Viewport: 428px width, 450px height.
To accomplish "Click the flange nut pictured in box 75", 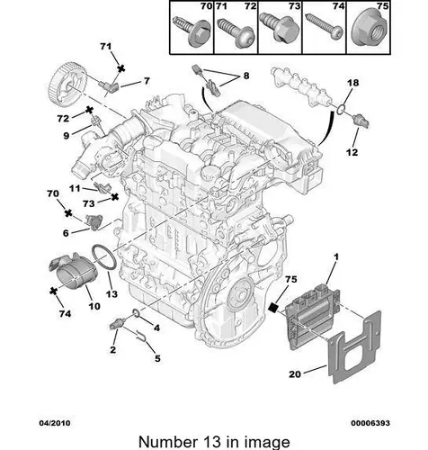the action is tap(370, 31).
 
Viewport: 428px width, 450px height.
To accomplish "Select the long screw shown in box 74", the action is tap(325, 28).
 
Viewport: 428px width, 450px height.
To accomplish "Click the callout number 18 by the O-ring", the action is tap(352, 82).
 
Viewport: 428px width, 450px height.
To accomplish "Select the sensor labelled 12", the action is tap(361, 121).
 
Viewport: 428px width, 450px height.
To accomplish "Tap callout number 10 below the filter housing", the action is tap(94, 306).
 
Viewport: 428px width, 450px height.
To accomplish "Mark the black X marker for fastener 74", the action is tap(53, 291).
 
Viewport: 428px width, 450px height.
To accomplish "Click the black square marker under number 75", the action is tap(273, 307).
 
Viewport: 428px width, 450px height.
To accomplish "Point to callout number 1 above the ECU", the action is tap(336, 256).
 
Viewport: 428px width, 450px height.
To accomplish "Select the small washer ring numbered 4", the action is tap(136, 313).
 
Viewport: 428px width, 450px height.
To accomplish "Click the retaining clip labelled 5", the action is tap(141, 337).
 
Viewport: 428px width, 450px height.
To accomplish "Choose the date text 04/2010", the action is tap(55, 423).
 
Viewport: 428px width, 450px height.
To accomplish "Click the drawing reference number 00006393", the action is tap(370, 423).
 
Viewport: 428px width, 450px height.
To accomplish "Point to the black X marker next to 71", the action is tap(120, 68).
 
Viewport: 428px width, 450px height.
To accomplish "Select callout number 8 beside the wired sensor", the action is tap(246, 76).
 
